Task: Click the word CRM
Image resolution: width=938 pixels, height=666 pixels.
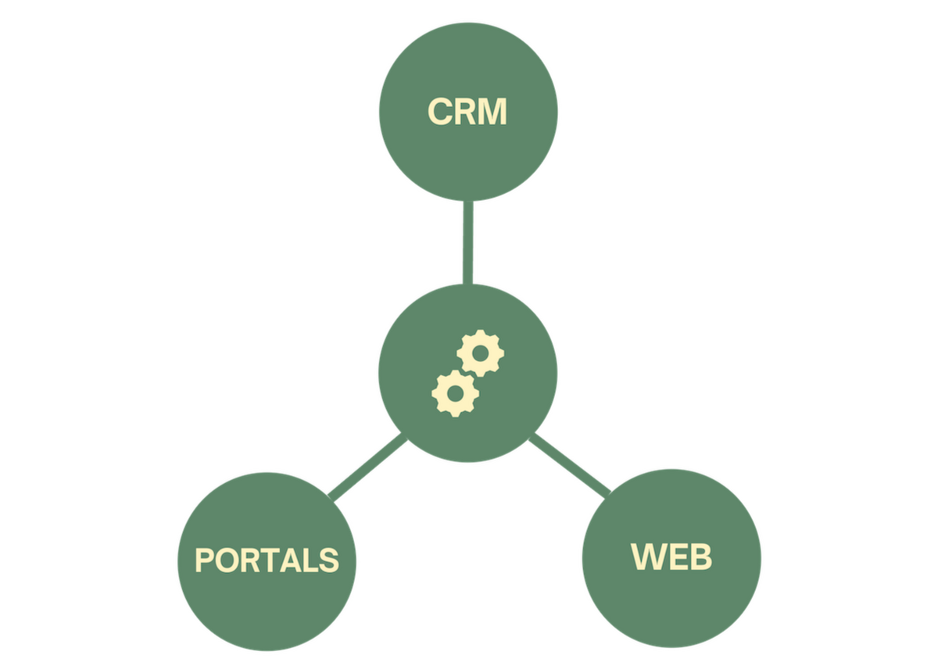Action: (467, 112)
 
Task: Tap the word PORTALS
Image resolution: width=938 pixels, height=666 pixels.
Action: (267, 560)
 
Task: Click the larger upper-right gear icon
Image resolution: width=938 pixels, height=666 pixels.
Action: (481, 354)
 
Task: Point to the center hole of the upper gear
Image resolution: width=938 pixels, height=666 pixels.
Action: (481, 354)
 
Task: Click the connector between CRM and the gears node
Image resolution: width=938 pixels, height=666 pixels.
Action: (467, 242)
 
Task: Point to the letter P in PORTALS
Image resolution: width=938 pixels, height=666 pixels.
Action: (205, 560)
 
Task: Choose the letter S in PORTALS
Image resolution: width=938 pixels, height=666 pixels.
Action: (328, 560)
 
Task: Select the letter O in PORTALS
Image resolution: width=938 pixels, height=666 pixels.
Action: (227, 560)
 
